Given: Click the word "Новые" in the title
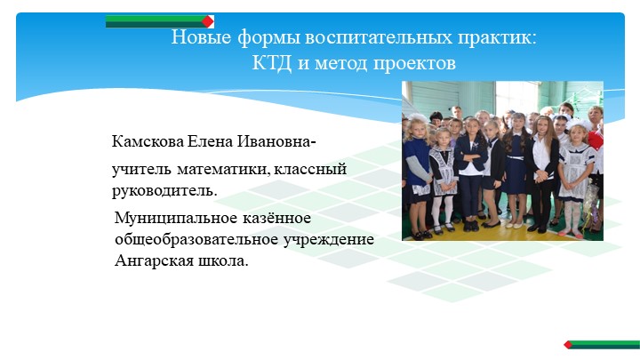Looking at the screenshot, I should tap(193, 40).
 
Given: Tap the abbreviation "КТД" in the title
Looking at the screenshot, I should tap(270, 64).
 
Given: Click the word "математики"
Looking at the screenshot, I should tap(220, 169).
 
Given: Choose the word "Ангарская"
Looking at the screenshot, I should tap(154, 261).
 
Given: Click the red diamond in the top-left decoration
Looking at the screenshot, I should tap(208, 20).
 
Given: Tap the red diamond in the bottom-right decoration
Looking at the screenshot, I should tap(567, 343).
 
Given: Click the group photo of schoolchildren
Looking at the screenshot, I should tap(502, 161).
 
